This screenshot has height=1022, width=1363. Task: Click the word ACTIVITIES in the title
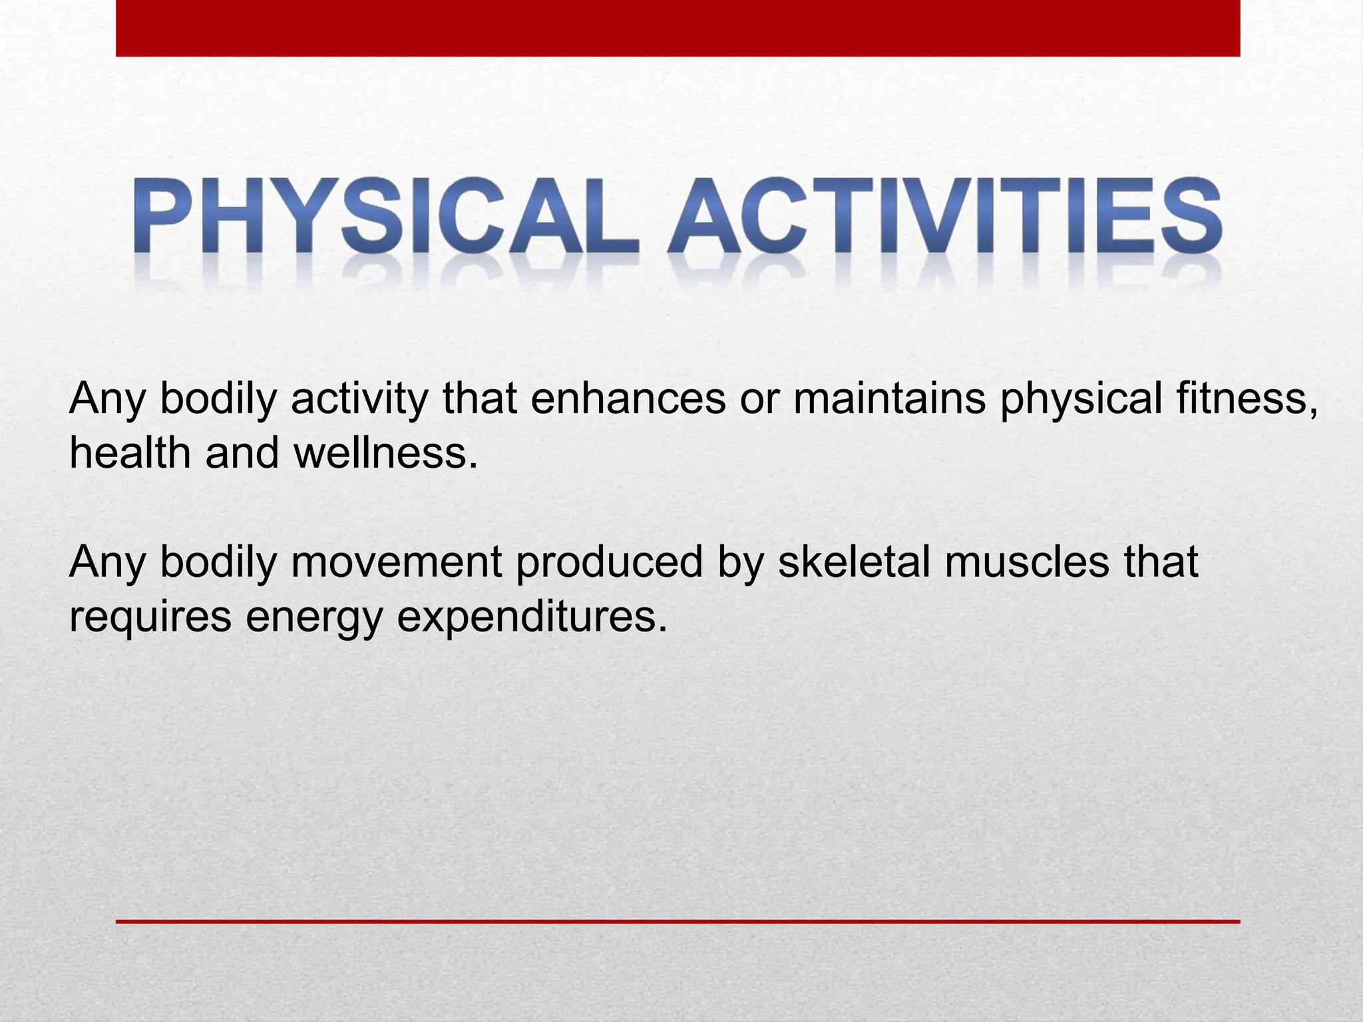945,216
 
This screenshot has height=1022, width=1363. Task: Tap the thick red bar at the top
678,28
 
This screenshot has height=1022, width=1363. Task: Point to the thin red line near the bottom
678,922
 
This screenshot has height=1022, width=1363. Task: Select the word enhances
628,399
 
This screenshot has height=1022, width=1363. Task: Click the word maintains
889,399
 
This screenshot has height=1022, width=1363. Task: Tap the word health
130,454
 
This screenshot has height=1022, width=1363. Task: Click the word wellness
386,454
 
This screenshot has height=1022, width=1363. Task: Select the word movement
397,562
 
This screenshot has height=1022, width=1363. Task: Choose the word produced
609,562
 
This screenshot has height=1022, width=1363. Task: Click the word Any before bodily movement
106,562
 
